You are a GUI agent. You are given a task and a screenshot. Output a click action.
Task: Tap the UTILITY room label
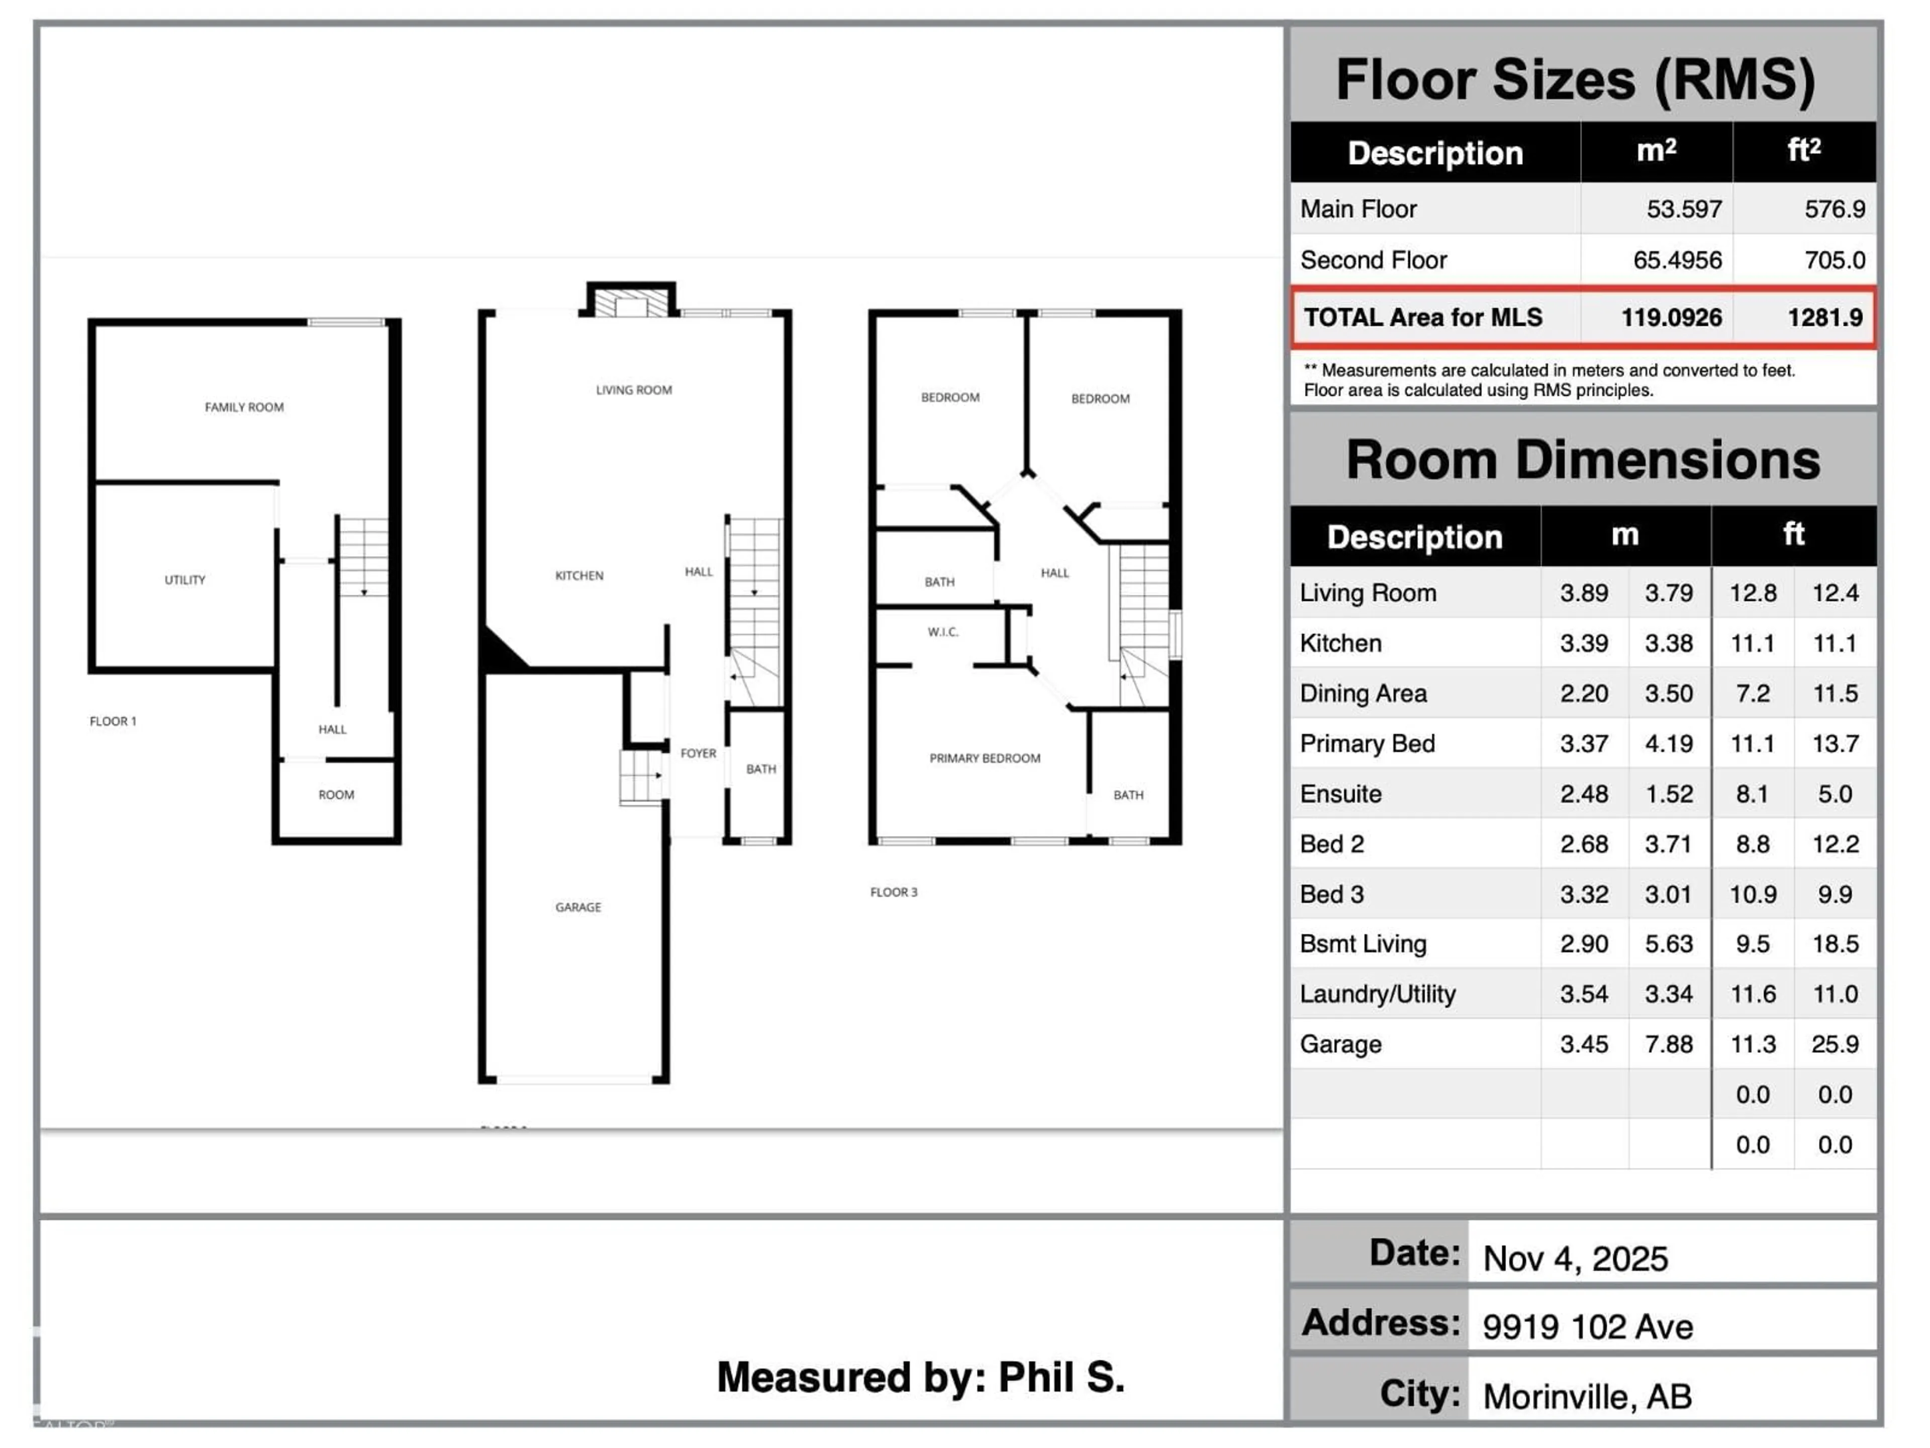[x=185, y=580]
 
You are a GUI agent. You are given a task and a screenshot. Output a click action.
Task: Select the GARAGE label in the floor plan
[x=577, y=907]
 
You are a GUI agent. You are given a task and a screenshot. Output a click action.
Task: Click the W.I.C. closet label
[x=942, y=632]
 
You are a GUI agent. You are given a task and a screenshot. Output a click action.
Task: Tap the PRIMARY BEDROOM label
[x=984, y=758]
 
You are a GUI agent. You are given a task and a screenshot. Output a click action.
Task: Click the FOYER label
[x=698, y=752]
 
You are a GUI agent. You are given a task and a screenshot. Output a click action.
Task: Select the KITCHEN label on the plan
[x=578, y=575]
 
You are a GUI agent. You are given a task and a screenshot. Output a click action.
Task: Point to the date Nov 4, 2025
[x=1575, y=1258]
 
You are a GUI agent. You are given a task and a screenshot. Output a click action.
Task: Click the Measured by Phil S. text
[x=920, y=1377]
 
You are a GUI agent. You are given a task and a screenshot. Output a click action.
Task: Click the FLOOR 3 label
[x=894, y=892]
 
